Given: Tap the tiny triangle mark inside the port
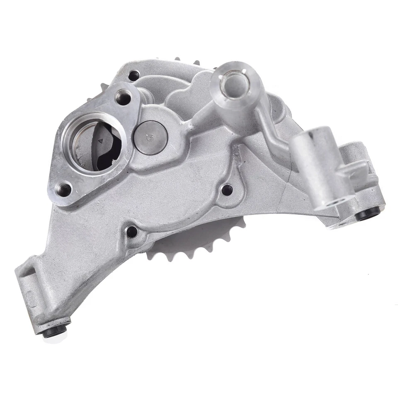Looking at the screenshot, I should (100, 141).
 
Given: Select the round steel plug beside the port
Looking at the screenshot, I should (151, 137).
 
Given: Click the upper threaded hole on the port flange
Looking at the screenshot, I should (122, 97).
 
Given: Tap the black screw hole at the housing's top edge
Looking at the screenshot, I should (133, 76).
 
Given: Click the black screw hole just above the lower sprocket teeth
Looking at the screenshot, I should (132, 231).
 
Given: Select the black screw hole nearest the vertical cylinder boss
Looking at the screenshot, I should (227, 190).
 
